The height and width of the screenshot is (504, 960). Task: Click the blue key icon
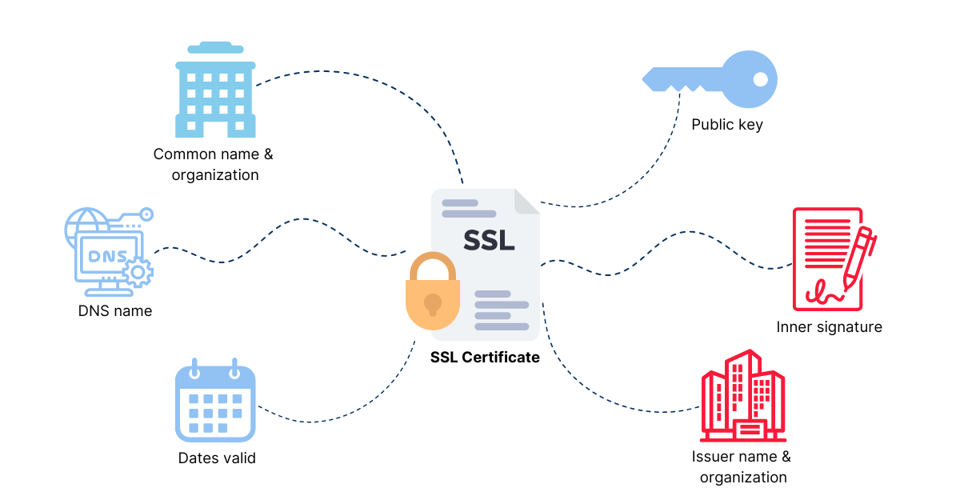click(710, 79)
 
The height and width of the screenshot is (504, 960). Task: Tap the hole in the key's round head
click(760, 79)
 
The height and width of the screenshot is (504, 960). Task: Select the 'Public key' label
click(727, 125)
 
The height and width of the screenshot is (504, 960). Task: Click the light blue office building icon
click(215, 90)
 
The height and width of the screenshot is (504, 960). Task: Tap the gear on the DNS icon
click(139, 273)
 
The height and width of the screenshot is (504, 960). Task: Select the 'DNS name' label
click(115, 310)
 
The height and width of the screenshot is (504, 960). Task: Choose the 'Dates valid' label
click(217, 458)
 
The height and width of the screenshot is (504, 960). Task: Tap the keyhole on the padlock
click(433, 304)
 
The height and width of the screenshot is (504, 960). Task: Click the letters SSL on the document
click(489, 240)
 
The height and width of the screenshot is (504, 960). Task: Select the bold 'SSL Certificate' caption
click(485, 358)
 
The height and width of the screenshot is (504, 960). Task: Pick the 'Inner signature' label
click(829, 326)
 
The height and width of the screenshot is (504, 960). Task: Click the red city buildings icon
click(742, 397)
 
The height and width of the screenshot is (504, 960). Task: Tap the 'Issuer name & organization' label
click(742, 467)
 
